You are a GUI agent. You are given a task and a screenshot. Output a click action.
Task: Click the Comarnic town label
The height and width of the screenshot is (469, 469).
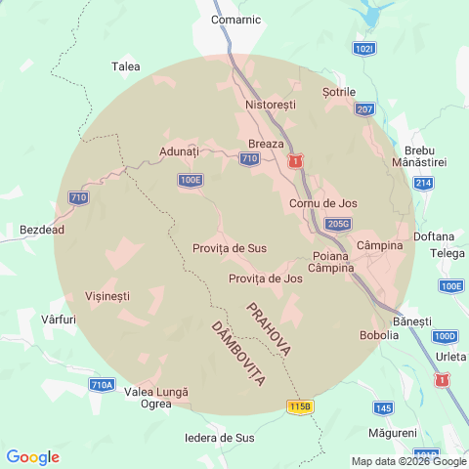(x=235, y=19)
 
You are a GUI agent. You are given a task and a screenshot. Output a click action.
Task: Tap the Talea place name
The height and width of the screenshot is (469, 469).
(x=126, y=66)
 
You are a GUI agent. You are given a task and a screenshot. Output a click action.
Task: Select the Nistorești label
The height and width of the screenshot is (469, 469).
(x=271, y=105)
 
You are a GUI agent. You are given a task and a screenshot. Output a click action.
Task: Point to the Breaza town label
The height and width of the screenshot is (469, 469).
(x=266, y=144)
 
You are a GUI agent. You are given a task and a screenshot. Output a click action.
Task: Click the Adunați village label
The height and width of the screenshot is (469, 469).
(x=179, y=152)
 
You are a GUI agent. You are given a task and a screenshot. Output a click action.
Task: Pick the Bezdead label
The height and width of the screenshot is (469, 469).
(x=42, y=231)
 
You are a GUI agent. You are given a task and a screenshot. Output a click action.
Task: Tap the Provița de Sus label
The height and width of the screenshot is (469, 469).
(x=230, y=248)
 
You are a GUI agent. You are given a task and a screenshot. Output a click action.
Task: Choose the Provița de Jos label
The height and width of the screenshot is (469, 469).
(x=265, y=278)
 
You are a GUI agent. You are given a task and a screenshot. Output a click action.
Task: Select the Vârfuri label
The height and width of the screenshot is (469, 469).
(x=60, y=320)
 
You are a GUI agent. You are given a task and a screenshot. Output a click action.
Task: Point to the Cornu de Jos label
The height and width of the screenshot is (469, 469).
(x=323, y=203)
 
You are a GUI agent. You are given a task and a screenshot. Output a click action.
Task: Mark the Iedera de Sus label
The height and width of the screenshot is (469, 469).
(x=220, y=438)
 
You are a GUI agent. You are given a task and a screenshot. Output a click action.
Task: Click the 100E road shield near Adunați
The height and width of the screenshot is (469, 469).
(x=191, y=180)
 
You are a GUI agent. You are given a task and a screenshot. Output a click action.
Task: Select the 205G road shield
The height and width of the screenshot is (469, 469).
(x=338, y=224)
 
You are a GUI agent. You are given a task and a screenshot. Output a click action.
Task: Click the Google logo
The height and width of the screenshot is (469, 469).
(x=32, y=457)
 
